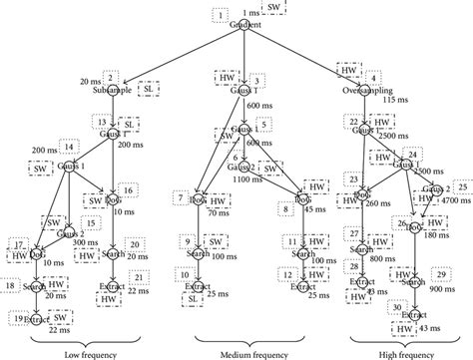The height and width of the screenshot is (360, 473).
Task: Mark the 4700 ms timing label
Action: click(x=456, y=198)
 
